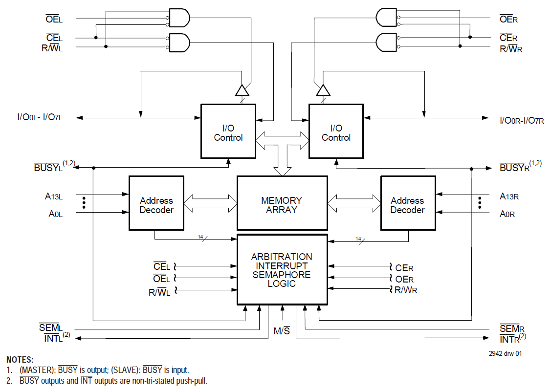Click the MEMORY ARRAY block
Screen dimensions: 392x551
tap(282, 203)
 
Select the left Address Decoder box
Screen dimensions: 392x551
tap(156, 203)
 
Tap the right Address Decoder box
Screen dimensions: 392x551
tap(408, 203)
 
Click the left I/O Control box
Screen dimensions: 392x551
tap(228, 131)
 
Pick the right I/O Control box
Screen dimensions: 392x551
tap(336, 131)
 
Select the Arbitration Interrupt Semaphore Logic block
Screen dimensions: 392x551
tap(282, 269)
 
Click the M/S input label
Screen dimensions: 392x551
tap(282, 331)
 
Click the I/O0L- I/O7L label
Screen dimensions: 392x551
tap(40, 118)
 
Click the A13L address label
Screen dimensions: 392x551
tap(54, 196)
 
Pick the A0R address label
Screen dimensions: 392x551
tap(507, 214)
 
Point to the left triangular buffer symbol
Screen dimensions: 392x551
tap(242, 90)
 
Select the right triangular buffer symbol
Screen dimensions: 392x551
tap(323, 90)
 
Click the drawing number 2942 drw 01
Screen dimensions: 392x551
tap(505, 353)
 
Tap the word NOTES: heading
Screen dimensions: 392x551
tap(20, 360)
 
